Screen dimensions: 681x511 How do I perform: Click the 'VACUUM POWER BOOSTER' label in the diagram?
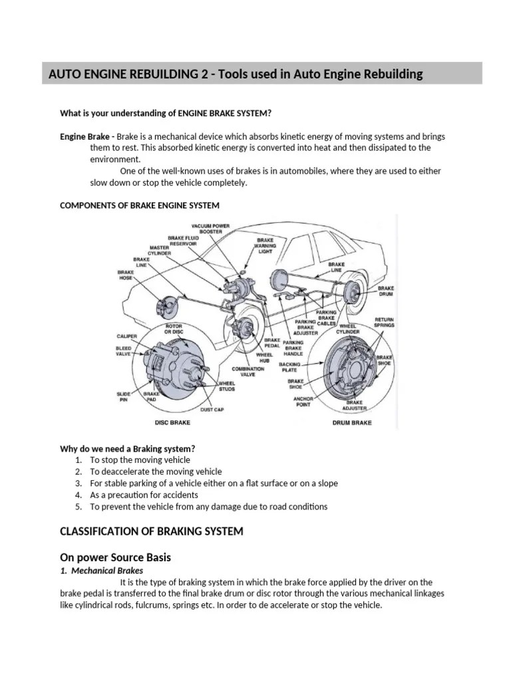[x=212, y=228]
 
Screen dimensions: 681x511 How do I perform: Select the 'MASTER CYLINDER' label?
[x=159, y=249]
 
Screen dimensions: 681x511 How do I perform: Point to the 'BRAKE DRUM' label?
[x=386, y=291]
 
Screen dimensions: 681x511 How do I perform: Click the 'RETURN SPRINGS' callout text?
[x=384, y=323]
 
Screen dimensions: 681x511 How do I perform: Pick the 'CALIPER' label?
[x=127, y=337]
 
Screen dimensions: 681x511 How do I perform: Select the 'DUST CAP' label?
[x=212, y=410]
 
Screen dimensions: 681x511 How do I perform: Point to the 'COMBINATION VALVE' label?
[x=248, y=371]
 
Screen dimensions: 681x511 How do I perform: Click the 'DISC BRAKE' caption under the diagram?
[x=173, y=422]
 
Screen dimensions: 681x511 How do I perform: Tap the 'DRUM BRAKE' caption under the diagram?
[x=351, y=422]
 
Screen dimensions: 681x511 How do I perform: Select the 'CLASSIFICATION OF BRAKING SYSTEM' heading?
[x=152, y=531]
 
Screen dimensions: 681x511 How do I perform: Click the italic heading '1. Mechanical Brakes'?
[x=101, y=571]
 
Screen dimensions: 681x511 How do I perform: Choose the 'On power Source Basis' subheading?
[x=116, y=557]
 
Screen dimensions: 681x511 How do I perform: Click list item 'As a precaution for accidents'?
[x=144, y=495]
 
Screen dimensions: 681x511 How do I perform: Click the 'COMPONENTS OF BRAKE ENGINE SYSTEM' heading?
[x=139, y=205]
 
